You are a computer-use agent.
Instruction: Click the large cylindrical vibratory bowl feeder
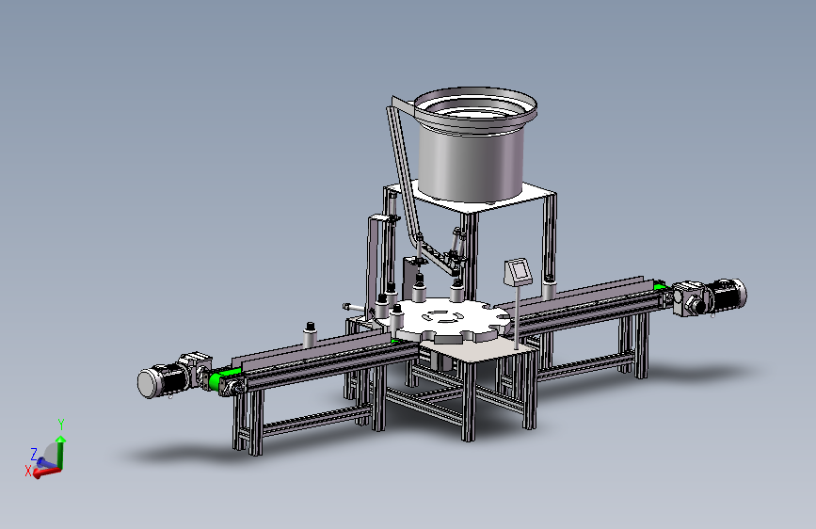coord(474,146)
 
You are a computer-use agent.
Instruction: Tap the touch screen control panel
coord(519,271)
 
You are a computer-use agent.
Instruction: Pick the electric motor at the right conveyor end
coord(726,296)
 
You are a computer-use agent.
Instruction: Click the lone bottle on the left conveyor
coord(311,334)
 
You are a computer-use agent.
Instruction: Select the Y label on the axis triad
coord(61,424)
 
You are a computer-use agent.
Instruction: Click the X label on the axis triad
coord(28,472)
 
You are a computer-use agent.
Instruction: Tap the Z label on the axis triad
coord(34,454)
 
